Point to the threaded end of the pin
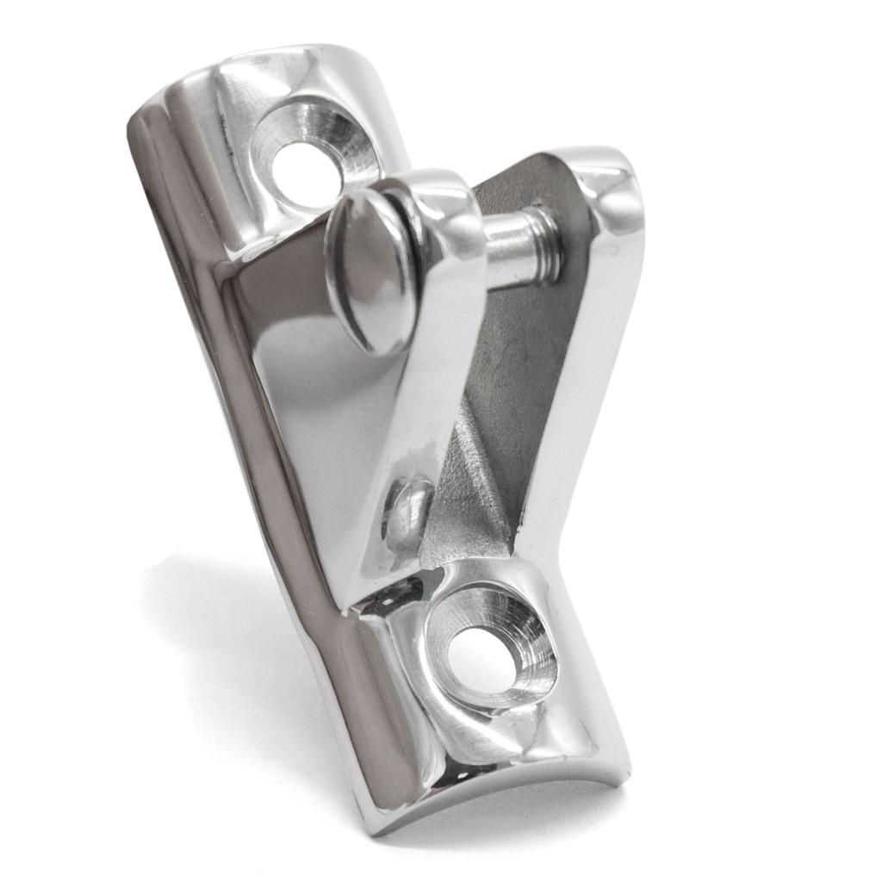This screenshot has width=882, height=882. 544,246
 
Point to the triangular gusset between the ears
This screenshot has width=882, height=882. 469,500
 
